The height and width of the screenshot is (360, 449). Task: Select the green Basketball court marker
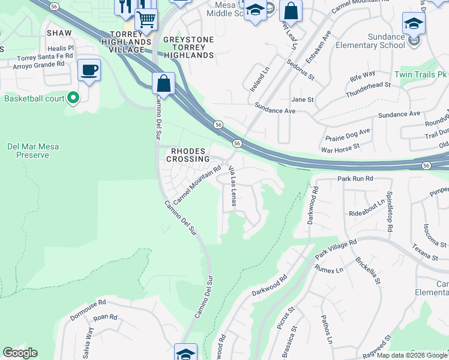73,97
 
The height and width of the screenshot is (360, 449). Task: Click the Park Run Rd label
355,179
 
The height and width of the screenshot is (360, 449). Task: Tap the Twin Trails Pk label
421,75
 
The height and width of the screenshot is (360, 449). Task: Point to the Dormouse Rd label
87,302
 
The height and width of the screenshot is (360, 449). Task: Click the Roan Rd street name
104,317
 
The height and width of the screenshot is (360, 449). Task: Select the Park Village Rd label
336,250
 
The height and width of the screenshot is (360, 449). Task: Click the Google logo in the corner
20,353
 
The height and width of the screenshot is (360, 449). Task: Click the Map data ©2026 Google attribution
412,355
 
